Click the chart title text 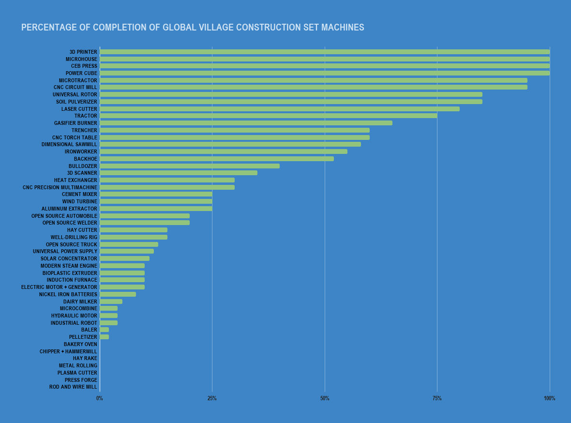[x=193, y=28]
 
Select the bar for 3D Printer [x=324, y=52]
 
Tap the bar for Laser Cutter [x=279, y=109]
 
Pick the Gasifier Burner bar [x=246, y=123]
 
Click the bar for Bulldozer [x=189, y=166]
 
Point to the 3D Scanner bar [x=178, y=173]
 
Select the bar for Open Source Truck [x=129, y=244]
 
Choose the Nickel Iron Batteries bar [x=118, y=294]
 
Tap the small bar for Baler [x=104, y=330]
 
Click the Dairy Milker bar [x=111, y=302]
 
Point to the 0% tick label [x=100, y=398]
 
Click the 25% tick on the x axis [x=212, y=398]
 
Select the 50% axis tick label [x=325, y=398]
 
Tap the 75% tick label [x=437, y=398]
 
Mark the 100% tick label [x=549, y=398]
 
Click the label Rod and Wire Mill [x=73, y=387]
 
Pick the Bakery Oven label [x=80, y=344]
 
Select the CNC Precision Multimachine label [x=60, y=187]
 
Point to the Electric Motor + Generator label [x=59, y=287]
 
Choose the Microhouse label [x=81, y=59]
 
